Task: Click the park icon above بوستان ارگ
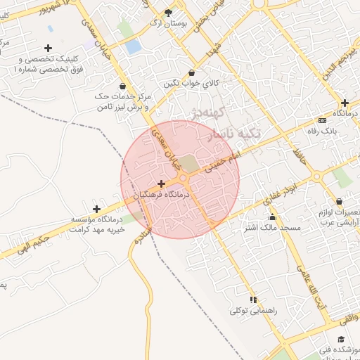tap(168, 12)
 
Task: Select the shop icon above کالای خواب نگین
tap(192, 72)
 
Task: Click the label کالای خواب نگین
tap(192, 84)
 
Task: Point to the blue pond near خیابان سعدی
tap(133, 46)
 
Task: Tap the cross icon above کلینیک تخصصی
tap(48, 48)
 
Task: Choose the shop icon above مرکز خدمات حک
tap(123, 86)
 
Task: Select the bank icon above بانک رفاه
tap(322, 120)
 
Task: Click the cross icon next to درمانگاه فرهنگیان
tap(161, 183)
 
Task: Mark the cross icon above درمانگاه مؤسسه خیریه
tap(97, 208)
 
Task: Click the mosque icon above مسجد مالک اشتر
tap(272, 217)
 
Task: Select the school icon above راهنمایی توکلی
tap(253, 299)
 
